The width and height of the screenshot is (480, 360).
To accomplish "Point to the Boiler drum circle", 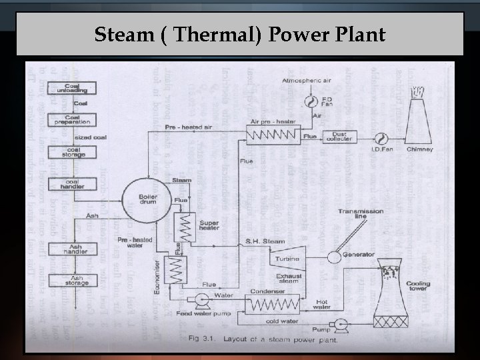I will [147, 196].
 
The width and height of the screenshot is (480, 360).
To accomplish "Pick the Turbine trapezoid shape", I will [289, 257].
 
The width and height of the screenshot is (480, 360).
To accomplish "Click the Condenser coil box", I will [273, 306].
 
